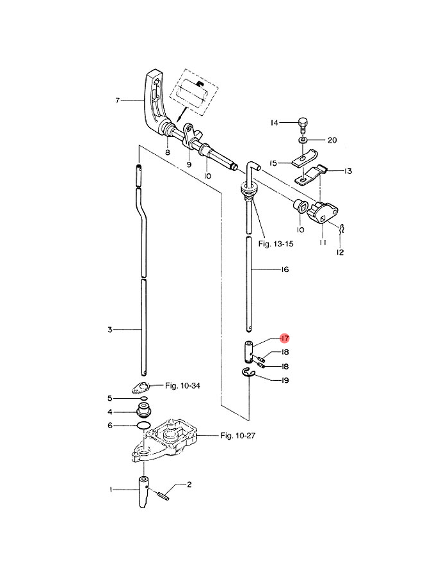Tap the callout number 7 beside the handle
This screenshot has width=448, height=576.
(x=118, y=100)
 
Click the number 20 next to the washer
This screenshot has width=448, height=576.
(x=332, y=140)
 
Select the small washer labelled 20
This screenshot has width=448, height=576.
(x=302, y=140)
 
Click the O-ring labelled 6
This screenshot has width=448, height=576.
(x=143, y=426)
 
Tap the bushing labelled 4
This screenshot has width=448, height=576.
(x=143, y=410)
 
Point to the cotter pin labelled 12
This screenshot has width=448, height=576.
(x=344, y=228)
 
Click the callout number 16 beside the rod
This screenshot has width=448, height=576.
(x=284, y=270)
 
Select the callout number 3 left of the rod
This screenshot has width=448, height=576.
(x=110, y=330)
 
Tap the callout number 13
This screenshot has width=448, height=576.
(x=348, y=172)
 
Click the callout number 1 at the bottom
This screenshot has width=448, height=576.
(x=111, y=490)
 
